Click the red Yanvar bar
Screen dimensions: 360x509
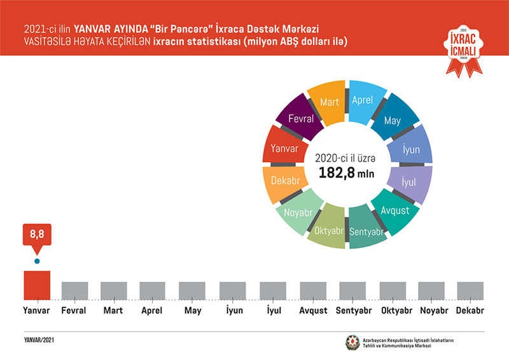(x=37, y=284)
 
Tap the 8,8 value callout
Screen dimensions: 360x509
(x=37, y=236)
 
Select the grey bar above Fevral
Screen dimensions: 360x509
(x=74, y=290)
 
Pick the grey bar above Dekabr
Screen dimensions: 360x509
(x=470, y=290)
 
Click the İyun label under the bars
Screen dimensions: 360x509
(x=232, y=311)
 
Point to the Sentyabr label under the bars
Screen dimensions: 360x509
(x=352, y=311)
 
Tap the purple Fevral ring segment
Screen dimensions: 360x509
(x=297, y=119)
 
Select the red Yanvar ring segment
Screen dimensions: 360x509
(x=281, y=149)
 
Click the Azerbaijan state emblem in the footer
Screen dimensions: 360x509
(x=352, y=342)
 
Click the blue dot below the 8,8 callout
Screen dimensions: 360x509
(x=37, y=261)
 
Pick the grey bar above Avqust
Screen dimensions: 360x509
(x=313, y=290)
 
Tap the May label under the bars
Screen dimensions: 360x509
(x=192, y=311)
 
